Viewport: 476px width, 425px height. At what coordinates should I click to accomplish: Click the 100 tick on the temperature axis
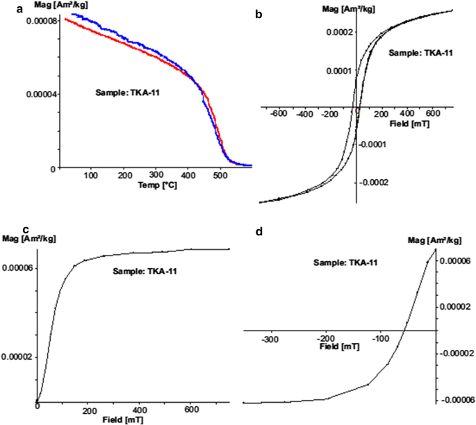(x=91, y=177)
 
